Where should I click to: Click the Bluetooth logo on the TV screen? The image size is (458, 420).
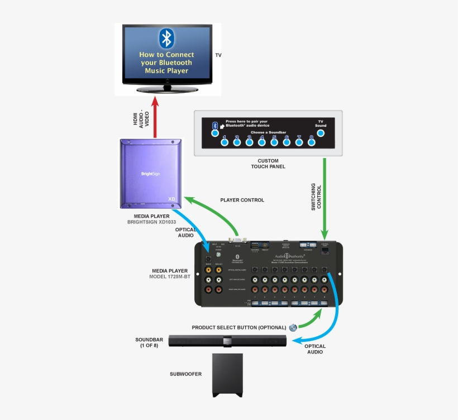coord(166,38)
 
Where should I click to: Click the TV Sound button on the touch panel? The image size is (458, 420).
coord(321,133)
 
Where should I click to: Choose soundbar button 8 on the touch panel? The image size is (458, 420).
coord(312,142)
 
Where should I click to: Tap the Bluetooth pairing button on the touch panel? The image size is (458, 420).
coord(214,133)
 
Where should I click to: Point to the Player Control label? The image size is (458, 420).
coord(242,200)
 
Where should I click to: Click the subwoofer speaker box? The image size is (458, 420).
coord(227,375)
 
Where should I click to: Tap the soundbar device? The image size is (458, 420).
coord(227,340)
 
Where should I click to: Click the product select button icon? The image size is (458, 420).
coord(293,328)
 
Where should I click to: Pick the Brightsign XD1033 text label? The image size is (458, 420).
coord(152,222)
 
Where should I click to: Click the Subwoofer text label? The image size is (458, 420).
coord(185,374)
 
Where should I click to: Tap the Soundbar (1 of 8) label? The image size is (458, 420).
coord(149,342)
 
